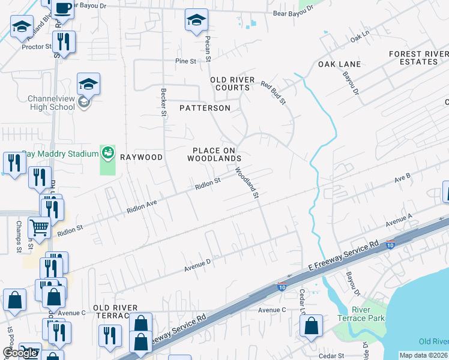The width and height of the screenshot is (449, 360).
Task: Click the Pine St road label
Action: click(185, 61)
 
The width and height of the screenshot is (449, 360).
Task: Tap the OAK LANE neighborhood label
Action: click(339, 64)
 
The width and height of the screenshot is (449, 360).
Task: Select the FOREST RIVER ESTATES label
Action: click(418, 58)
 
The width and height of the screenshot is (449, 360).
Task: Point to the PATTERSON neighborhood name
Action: click(205, 108)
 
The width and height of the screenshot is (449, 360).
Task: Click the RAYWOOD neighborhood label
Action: click(141, 157)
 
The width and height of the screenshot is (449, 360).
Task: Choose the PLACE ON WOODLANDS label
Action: click(214, 154)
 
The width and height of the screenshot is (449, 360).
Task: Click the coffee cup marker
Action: click(63, 8)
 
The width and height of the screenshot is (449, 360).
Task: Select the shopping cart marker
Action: click(39, 228)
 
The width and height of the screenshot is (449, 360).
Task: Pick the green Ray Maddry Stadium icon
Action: click(107, 153)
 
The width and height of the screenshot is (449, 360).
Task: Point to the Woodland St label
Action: click(247, 183)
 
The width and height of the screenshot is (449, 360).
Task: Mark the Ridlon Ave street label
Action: click(142, 207)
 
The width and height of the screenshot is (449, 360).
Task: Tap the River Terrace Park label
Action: click(368, 314)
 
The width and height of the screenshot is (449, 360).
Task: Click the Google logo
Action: click(20, 353)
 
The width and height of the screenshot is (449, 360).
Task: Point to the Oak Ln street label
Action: click(358, 38)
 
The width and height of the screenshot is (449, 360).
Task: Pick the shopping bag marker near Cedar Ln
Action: click(311, 327)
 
